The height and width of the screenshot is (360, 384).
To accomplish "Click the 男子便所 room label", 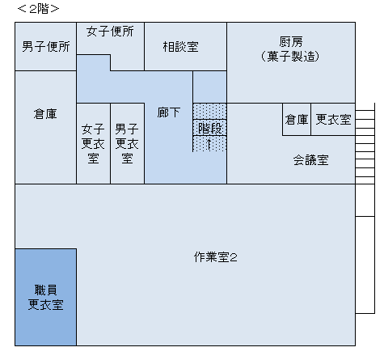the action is pos(46,47).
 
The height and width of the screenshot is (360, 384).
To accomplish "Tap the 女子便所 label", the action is pos(110,32).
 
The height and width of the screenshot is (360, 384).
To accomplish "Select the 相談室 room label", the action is pos(180,47).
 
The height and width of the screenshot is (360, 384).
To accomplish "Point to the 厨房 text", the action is pos(291,42).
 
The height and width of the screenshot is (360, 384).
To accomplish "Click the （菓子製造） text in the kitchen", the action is pos(290,57).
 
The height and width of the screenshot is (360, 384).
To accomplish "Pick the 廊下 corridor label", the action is pos(169,112).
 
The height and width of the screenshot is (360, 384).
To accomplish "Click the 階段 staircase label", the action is pos(210,128).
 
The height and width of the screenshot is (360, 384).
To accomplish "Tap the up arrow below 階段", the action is pos(209,144).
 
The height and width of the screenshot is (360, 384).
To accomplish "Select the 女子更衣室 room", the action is pos(93,143).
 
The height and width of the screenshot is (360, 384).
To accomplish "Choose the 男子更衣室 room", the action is pos(127,143).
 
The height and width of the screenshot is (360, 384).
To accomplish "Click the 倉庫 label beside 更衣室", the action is pos(297,120).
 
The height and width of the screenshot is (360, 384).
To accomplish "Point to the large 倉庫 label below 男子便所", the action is pos(45,114).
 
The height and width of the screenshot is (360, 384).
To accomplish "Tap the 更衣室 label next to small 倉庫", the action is pos(333,120).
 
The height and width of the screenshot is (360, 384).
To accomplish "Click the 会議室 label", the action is pos(310,160).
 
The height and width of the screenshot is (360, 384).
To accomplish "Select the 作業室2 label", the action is pos(215,257).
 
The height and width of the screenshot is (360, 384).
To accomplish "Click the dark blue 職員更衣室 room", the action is pos(45,297).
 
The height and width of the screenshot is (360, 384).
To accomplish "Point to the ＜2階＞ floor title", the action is pos(38,9).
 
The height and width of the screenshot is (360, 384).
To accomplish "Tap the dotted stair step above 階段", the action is pos(209,111).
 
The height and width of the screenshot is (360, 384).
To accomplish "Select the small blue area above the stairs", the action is pos(209,87).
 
